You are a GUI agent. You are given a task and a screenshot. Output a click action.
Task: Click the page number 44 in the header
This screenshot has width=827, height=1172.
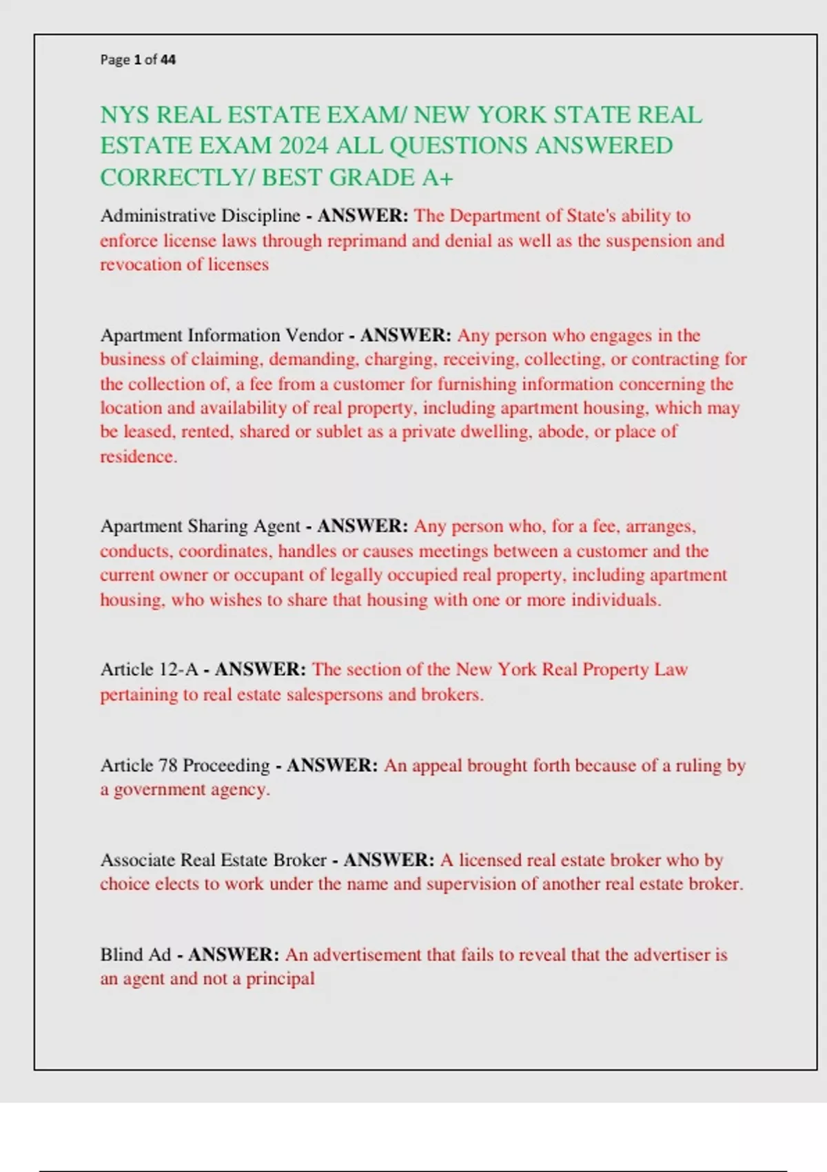[x=168, y=60]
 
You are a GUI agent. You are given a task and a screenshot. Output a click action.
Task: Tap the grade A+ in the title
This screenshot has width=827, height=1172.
[x=438, y=178]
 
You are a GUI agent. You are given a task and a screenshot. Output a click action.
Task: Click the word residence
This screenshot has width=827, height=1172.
[x=137, y=456]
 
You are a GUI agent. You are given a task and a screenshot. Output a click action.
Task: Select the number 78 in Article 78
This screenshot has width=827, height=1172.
[x=168, y=765]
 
